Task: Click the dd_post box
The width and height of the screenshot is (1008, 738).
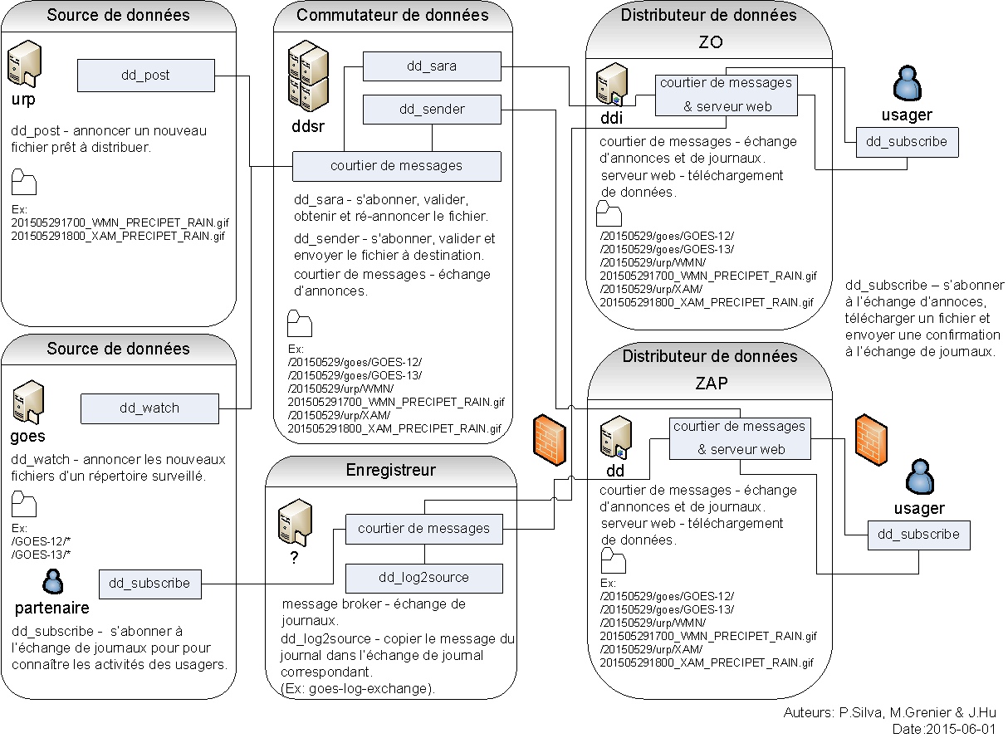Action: click(145, 76)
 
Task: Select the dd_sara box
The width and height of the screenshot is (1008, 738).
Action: click(432, 66)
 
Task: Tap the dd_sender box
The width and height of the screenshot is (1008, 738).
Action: click(432, 110)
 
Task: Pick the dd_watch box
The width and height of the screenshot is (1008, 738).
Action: click(149, 408)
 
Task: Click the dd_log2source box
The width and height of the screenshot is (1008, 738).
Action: click(423, 578)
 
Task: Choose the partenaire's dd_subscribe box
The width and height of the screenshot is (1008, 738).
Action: click(149, 584)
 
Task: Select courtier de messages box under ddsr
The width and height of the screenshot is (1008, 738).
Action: click(396, 166)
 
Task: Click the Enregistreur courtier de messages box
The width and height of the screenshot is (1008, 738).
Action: click(423, 529)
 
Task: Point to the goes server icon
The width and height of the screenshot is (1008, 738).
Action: click(27, 403)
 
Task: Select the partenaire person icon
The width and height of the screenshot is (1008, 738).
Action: click(52, 581)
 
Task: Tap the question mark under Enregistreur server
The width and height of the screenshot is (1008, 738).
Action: click(294, 559)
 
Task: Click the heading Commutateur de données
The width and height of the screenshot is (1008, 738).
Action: click(393, 15)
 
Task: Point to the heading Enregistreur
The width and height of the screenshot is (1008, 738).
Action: click(390, 471)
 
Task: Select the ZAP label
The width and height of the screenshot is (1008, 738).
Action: click(710, 384)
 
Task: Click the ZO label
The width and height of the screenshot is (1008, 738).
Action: click(710, 42)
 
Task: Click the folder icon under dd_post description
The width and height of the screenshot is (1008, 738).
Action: click(24, 182)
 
